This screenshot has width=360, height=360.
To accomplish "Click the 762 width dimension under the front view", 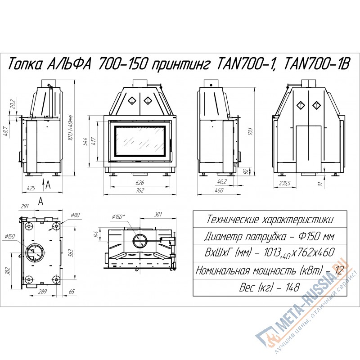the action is coord(140,190).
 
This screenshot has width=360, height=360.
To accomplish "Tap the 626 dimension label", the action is coord(139,183).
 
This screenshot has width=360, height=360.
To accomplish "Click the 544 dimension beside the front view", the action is coord(85,142).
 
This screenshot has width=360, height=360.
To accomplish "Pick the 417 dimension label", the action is coord(94,141).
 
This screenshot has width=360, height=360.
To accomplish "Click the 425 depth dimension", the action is coord(31,188).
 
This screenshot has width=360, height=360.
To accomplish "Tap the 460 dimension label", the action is coord(219,190).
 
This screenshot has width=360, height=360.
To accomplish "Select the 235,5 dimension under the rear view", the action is coord(285,183).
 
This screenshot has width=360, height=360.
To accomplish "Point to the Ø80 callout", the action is coord(75,215).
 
